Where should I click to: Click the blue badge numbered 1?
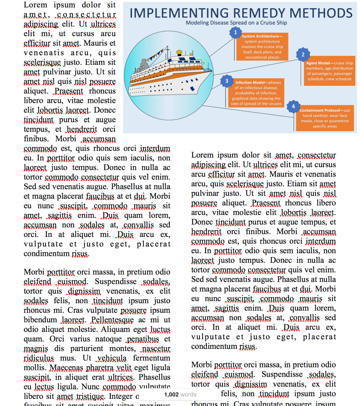pyautogui.click(x=236, y=32)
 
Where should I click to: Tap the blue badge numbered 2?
pyautogui.click(x=303, y=54)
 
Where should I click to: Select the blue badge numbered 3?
pyautogui.click(x=226, y=81)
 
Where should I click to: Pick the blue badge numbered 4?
pyautogui.click(x=293, y=106)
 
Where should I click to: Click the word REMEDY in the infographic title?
pyautogui.click(x=248, y=13)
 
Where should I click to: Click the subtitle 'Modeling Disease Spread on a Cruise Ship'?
pyautogui.click(x=236, y=23)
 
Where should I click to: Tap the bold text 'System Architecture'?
pyautogui.click(x=261, y=37)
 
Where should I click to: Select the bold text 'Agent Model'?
pyautogui.click(x=317, y=63)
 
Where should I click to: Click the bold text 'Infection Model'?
pyautogui.click(x=249, y=83)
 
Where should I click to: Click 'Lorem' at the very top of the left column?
pyautogui.click(x=35, y=5)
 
